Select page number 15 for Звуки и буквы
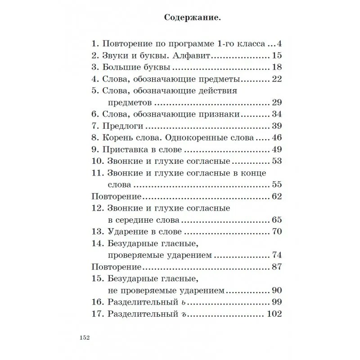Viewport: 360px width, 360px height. point(277,56)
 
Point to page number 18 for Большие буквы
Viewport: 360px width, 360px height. point(277,67)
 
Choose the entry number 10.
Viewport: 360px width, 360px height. point(97,161)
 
